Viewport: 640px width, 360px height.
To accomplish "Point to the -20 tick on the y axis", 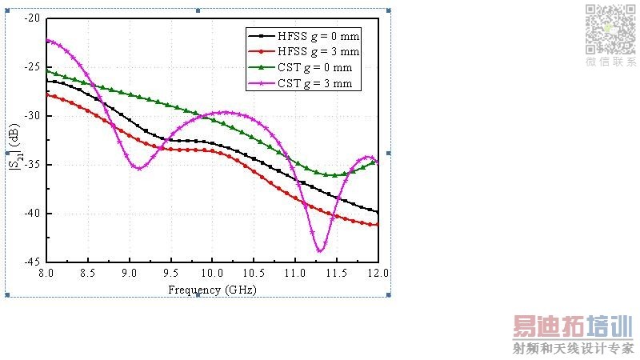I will (33, 18).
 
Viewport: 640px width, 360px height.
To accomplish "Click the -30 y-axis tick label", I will (33, 116).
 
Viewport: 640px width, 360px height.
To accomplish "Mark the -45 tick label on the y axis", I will (33, 262).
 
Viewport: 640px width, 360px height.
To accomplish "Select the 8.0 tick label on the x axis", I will (46, 273).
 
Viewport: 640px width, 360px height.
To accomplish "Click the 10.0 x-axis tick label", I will (211, 273).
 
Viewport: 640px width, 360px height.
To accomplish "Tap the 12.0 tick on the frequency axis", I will (377, 273).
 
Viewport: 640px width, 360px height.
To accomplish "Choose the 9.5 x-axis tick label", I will (170, 273).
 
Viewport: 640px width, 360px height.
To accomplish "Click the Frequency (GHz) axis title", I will (212, 289).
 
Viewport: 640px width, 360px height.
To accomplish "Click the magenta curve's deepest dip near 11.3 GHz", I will (319, 251).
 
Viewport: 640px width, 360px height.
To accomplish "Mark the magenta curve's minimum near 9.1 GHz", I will (138, 168).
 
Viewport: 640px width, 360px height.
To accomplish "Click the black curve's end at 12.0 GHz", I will (377, 212).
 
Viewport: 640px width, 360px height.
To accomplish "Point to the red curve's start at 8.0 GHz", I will (47, 94).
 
